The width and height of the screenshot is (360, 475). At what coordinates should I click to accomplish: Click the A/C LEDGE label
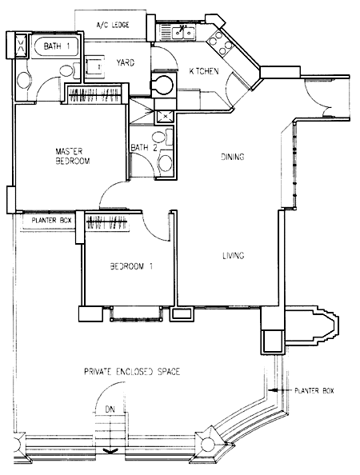pos(113,25)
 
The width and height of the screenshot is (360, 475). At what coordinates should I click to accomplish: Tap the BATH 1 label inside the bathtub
pos(57,46)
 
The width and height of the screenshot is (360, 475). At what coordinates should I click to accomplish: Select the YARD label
pos(126,62)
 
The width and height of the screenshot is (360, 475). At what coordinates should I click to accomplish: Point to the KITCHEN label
pos(204,71)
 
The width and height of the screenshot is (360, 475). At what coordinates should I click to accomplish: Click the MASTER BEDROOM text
pos(73,156)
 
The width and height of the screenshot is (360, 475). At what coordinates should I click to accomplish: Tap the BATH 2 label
pos(140,148)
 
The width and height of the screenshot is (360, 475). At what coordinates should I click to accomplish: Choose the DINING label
pos(233,157)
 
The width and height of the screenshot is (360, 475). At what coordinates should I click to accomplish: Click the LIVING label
pos(234,256)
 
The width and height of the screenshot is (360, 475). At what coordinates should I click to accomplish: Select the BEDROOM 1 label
pos(131,266)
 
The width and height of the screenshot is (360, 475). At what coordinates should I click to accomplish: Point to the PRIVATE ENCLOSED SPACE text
pos(132,371)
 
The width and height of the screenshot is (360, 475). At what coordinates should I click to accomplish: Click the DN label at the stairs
pos(110,409)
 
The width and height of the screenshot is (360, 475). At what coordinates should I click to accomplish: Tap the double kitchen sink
pos(183,33)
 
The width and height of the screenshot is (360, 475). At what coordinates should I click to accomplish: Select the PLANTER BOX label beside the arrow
pos(314,390)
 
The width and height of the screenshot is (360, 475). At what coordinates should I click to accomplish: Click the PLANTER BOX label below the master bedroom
pos(51,220)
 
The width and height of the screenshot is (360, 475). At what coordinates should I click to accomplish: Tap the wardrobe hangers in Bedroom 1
pos(106,223)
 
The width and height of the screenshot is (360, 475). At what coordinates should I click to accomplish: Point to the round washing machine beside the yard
pos(164,85)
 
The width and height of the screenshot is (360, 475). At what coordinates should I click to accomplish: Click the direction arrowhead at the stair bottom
pos(110,451)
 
